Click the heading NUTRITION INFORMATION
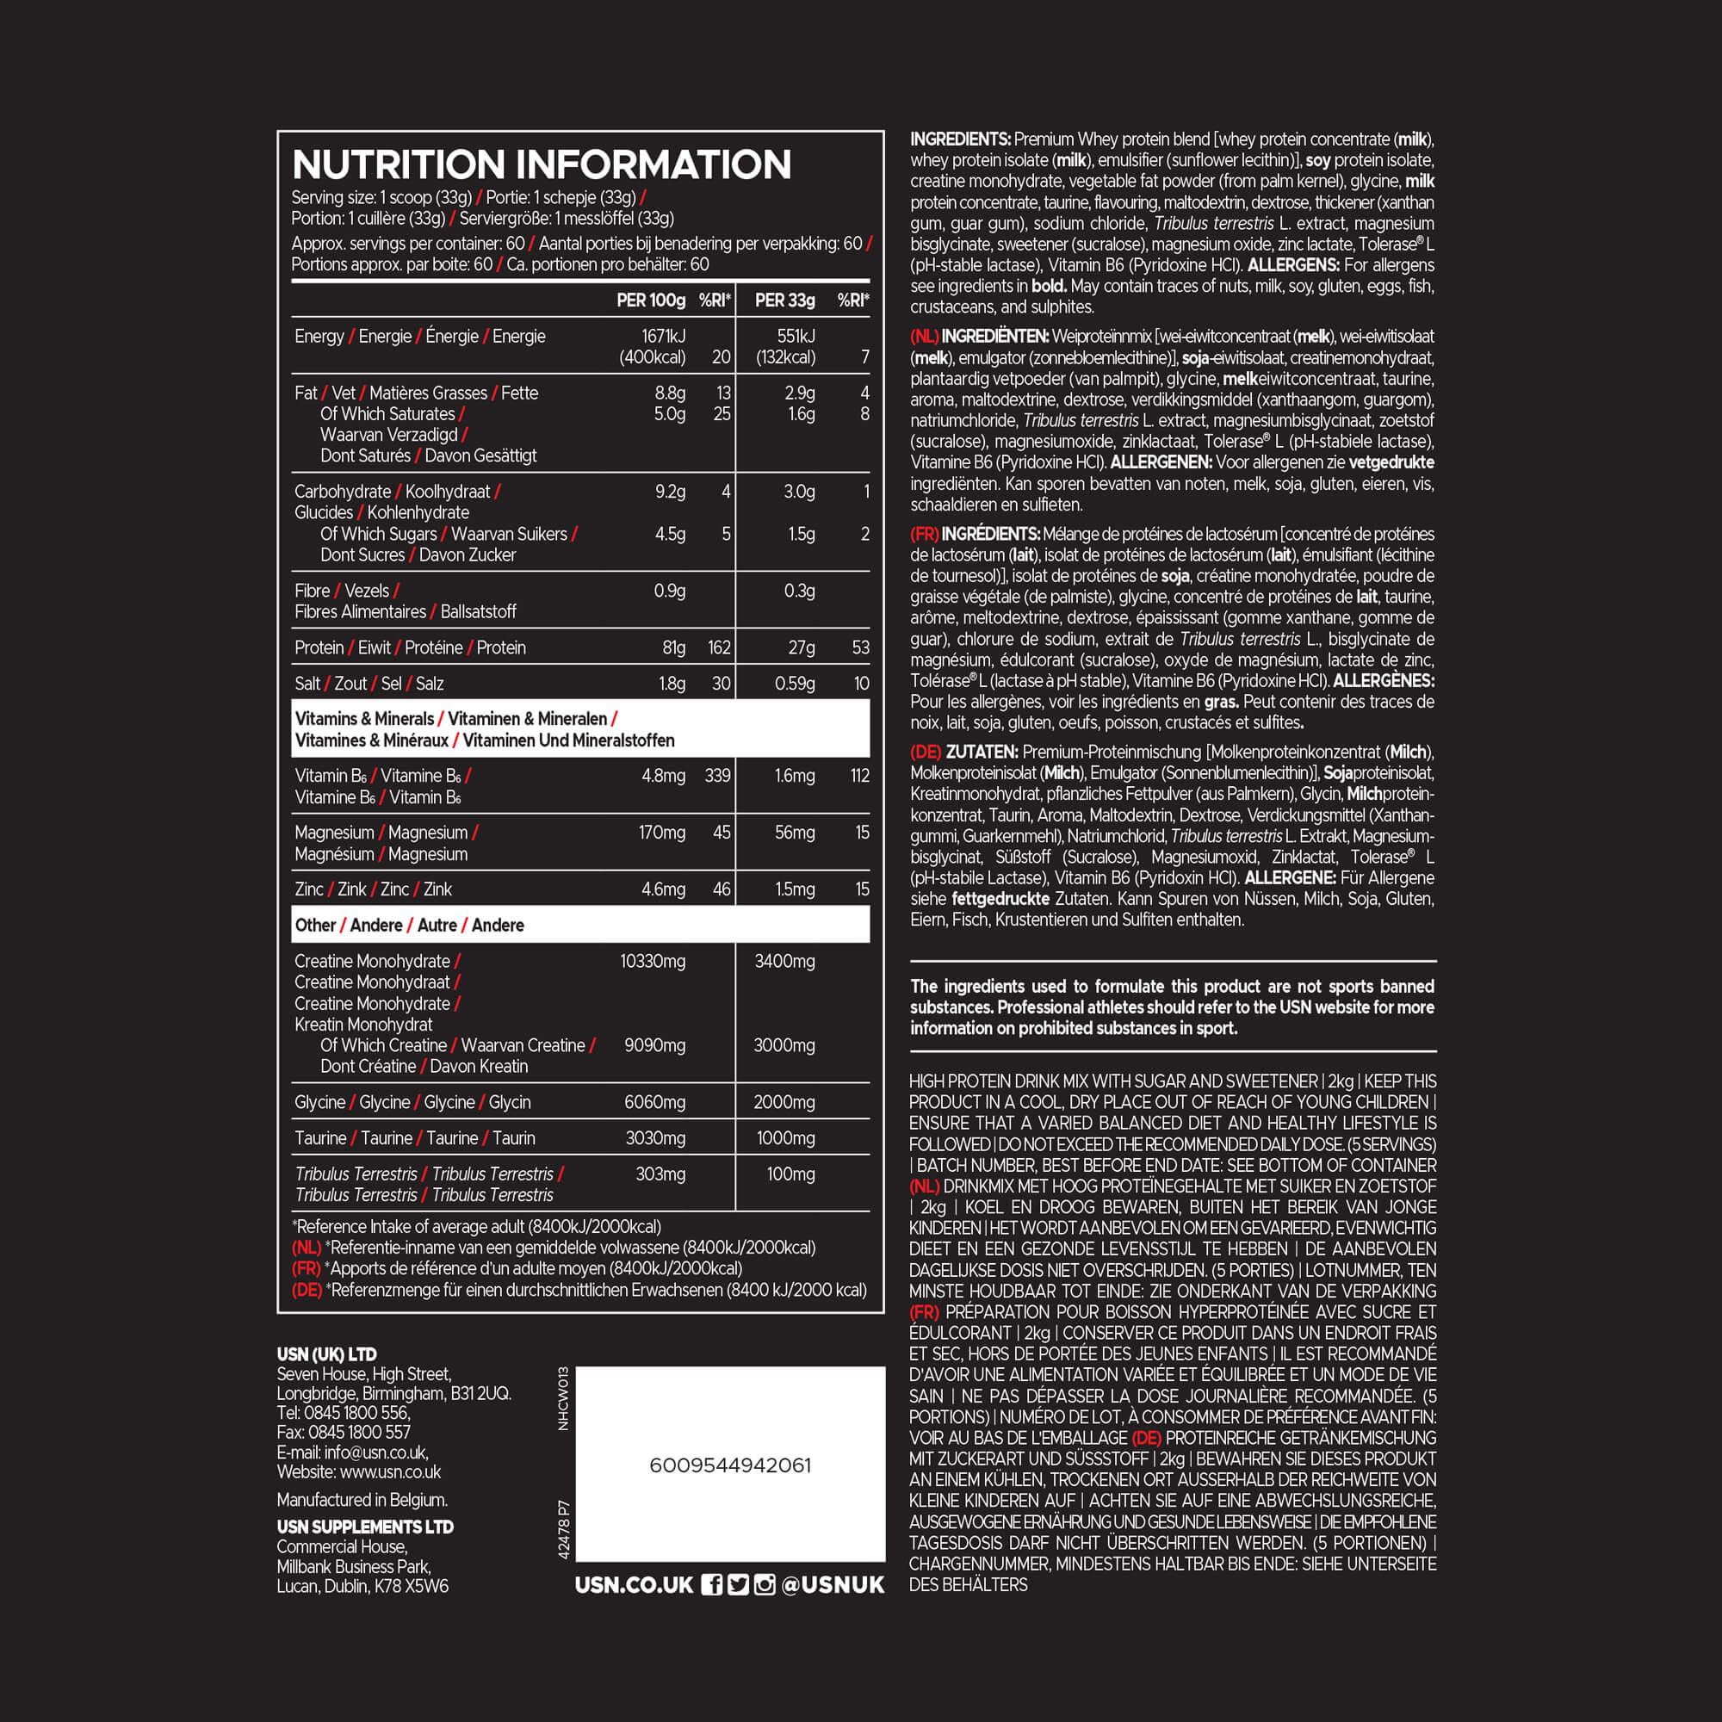(x=541, y=165)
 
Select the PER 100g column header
(x=651, y=300)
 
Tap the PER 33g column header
(x=784, y=300)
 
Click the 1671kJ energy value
(x=663, y=336)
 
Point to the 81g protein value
(x=673, y=648)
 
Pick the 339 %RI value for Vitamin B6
(x=717, y=776)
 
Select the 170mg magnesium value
(x=662, y=833)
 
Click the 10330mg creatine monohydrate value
(x=653, y=961)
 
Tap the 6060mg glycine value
(x=655, y=1102)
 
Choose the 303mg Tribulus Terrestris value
(x=660, y=1174)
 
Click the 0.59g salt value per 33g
(x=794, y=684)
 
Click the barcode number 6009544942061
(x=730, y=1465)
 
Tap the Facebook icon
(x=711, y=1584)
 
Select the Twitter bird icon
(x=738, y=1584)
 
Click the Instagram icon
(x=764, y=1584)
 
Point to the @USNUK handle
(x=833, y=1584)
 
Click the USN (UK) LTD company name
(x=326, y=1353)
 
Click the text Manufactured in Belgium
(x=362, y=1500)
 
